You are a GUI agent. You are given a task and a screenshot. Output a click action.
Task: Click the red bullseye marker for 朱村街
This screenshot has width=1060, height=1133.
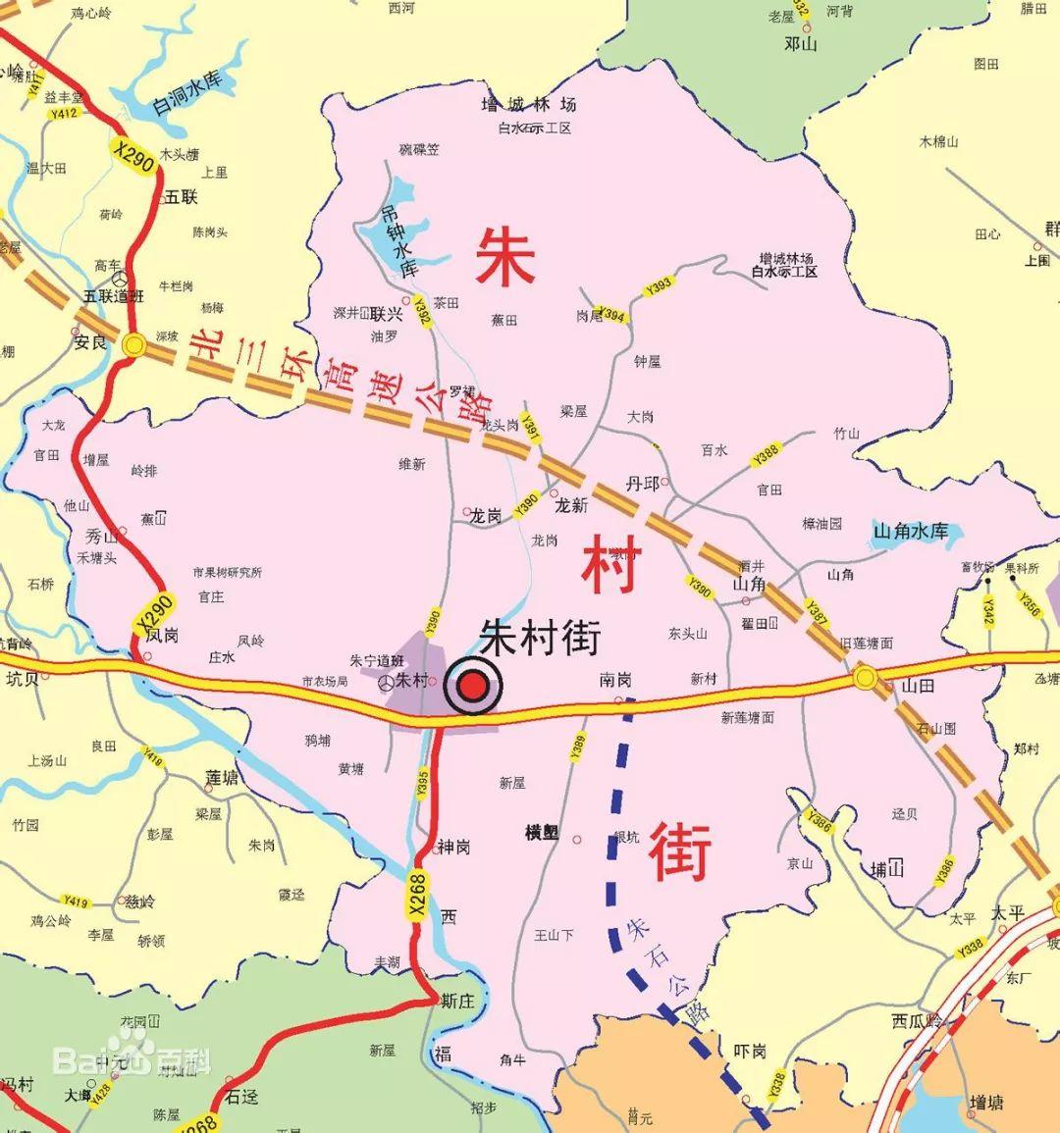pyautogui.click(x=473, y=688)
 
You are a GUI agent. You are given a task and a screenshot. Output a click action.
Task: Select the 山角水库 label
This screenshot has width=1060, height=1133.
pyautogui.click(x=911, y=532)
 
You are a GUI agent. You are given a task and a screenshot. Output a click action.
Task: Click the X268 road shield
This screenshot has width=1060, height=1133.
pyautogui.click(x=419, y=895)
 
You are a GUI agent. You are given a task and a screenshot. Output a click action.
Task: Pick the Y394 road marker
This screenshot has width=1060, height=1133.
pyautogui.click(x=610, y=316)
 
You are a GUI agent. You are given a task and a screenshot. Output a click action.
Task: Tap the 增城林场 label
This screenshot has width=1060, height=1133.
pyautogui.click(x=528, y=104)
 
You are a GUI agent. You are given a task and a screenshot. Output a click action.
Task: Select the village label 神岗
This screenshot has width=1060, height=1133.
pyautogui.click(x=453, y=847)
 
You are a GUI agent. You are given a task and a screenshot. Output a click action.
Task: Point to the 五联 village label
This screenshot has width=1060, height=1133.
pyautogui.click(x=182, y=197)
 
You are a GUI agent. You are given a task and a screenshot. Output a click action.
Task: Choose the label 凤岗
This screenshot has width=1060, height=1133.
pyautogui.click(x=163, y=636)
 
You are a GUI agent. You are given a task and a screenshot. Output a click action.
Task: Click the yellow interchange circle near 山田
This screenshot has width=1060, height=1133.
pyautogui.click(x=865, y=676)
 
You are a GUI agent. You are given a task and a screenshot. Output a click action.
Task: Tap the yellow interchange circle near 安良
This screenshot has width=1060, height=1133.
pyautogui.click(x=134, y=344)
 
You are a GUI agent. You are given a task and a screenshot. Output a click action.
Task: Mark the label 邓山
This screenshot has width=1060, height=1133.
pyautogui.click(x=801, y=43)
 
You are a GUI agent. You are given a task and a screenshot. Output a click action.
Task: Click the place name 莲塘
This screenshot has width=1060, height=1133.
pyautogui.click(x=222, y=778)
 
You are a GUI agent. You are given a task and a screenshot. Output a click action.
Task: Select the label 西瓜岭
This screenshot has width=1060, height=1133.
pyautogui.click(x=917, y=1021)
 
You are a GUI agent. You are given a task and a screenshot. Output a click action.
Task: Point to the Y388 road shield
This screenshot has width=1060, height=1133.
pyautogui.click(x=766, y=455)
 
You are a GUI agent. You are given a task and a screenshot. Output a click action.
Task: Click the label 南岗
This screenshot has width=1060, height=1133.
pyautogui.click(x=615, y=680)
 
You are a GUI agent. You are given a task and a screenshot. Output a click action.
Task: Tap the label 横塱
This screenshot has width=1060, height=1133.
pyautogui.click(x=542, y=833)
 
